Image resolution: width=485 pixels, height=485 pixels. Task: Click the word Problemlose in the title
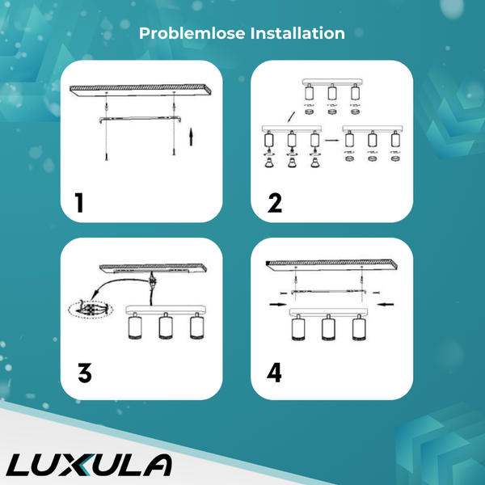[192, 33]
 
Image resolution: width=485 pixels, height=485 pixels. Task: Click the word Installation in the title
[297, 33]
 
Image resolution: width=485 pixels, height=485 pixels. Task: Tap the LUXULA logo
[89, 465]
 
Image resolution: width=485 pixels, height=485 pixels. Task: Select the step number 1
[79, 203]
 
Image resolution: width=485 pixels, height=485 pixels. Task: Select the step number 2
[275, 203]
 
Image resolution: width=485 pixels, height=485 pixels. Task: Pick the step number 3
[85, 373]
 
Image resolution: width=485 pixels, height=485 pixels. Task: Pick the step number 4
[274, 373]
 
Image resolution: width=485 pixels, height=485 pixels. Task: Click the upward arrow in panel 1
[191, 137]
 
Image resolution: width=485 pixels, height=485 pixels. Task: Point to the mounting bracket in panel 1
[140, 119]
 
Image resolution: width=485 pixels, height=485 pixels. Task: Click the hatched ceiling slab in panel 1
[141, 90]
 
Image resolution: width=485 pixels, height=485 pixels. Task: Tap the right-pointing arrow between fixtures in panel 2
[332, 140]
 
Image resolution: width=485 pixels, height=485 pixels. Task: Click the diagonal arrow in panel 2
[291, 117]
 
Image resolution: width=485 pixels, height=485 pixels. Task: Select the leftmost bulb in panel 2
[268, 162]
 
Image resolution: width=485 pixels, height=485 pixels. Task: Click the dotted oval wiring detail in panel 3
[91, 309]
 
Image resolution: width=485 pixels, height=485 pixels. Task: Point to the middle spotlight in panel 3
[166, 326]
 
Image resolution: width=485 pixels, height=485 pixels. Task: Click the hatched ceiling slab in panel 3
[153, 268]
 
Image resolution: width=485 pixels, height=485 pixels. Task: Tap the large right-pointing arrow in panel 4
[278, 305]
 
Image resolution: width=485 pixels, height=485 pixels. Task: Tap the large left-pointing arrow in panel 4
[386, 305]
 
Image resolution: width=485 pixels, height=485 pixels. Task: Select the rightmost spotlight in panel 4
[359, 327]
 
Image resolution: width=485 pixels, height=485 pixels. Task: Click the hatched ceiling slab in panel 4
[331, 265]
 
